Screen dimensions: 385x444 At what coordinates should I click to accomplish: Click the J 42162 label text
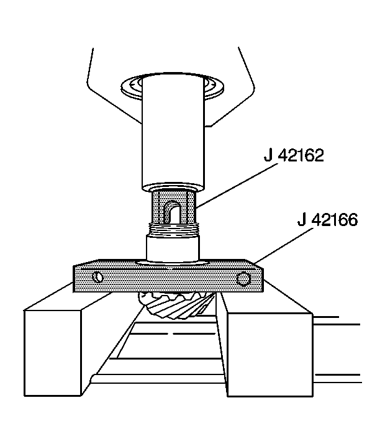(x=294, y=155)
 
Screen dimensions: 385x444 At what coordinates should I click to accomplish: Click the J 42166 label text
(x=327, y=219)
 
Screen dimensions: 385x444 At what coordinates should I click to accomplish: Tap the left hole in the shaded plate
(x=98, y=277)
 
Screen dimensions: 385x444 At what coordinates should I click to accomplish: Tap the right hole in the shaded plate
(x=243, y=279)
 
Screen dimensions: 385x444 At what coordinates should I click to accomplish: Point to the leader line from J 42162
(x=237, y=186)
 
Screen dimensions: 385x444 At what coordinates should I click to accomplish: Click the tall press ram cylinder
(x=173, y=132)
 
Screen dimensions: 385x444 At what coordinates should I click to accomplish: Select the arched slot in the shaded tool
(x=172, y=212)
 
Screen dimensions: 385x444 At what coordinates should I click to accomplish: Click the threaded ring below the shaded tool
(x=174, y=229)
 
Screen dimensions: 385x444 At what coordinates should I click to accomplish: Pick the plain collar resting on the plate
(x=173, y=248)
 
